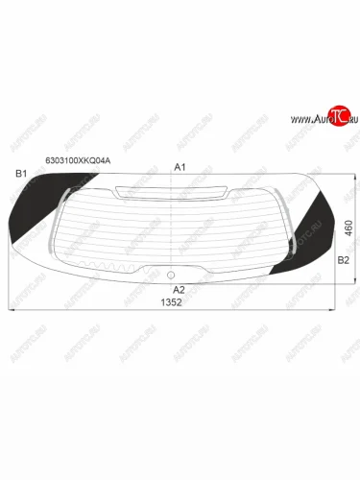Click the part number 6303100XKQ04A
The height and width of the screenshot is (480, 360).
(78, 161)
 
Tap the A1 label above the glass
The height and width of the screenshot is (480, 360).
(179, 167)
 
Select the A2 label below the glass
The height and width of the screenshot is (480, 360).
(178, 288)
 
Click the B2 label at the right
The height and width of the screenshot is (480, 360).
(343, 259)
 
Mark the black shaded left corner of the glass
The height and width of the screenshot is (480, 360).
(29, 216)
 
